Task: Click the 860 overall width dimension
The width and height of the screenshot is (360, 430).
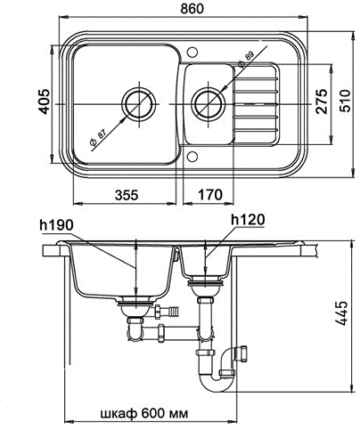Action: coord(192,8)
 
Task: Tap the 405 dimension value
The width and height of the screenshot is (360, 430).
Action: coord(45,101)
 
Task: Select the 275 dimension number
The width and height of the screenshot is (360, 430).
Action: coord(322,101)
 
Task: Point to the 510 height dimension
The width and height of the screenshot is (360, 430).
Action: coord(345,101)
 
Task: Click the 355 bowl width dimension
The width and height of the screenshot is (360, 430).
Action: coord(127,195)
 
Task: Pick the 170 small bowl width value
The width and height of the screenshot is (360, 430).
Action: coord(210,195)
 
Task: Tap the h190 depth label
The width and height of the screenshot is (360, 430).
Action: coord(56,225)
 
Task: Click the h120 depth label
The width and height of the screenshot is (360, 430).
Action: coord(248,220)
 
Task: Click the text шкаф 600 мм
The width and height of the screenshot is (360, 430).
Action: coord(144,413)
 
